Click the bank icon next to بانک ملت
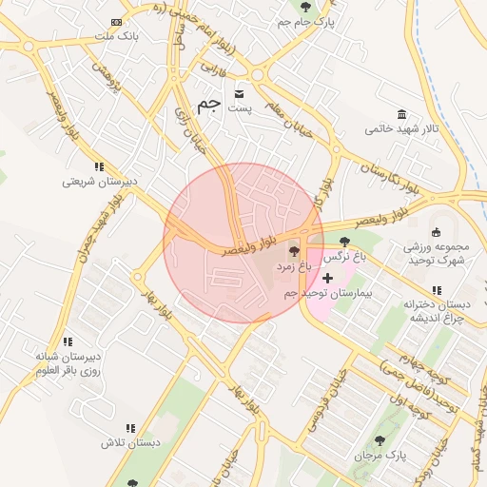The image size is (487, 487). [x=116, y=22]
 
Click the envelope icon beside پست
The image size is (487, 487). [x=238, y=93]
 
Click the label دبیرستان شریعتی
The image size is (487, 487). [x=101, y=181]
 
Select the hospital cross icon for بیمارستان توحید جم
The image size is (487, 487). [x=328, y=279]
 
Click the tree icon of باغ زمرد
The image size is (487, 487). [x=294, y=253]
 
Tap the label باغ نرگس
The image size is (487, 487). [x=346, y=257]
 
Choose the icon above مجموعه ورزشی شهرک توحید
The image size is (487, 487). [x=436, y=232]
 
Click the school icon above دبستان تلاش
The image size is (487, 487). [x=131, y=429]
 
